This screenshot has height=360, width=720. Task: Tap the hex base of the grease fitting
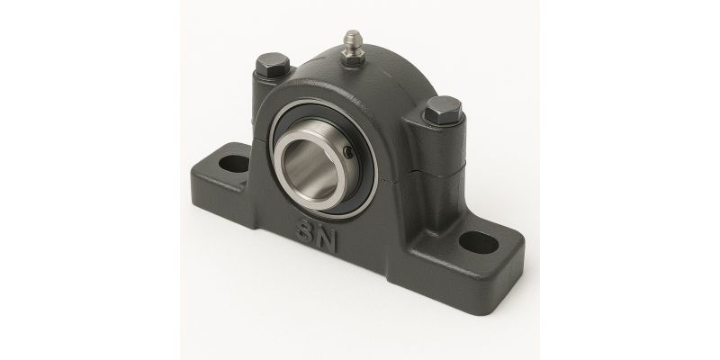point(353,56)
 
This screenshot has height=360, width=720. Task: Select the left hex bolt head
point(273,65)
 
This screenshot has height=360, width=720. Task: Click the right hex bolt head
point(443,110)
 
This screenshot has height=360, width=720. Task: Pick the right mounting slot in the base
point(479,242)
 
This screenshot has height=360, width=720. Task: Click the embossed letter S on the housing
point(305,230)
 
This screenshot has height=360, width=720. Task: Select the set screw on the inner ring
point(349,152)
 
